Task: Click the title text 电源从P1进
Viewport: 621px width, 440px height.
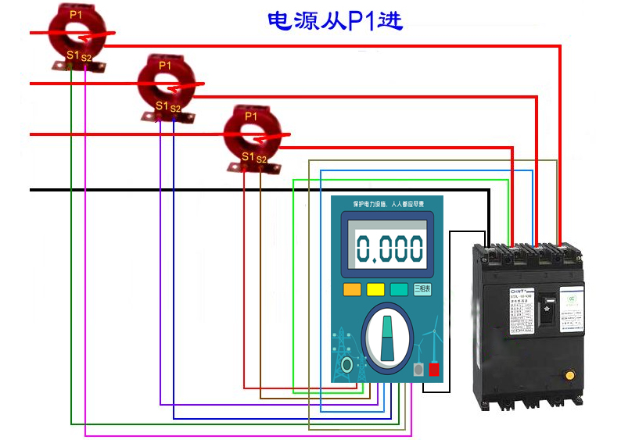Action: (335, 20)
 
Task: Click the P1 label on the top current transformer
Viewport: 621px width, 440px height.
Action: (75, 14)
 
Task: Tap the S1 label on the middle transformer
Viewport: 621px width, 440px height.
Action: (161, 106)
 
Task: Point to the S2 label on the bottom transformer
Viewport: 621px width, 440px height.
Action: (261, 159)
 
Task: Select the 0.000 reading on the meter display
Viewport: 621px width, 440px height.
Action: (389, 249)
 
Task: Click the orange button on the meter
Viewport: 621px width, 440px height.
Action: (352, 289)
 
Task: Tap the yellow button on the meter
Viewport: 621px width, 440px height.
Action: (375, 289)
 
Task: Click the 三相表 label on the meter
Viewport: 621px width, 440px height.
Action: (423, 289)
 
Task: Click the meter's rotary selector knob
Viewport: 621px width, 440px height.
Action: (388, 340)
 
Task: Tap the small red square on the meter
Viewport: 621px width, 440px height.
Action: (433, 370)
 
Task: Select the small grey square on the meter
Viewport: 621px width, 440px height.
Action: (418, 370)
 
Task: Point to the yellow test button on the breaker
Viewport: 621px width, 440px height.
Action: (569, 374)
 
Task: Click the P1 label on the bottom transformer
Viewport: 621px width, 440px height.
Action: (250, 116)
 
